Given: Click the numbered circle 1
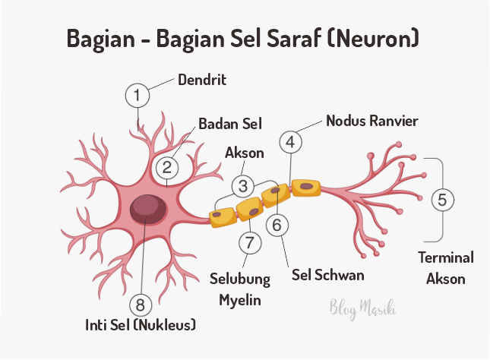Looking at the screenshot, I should pos(137,96).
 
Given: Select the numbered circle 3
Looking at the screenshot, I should pos(242,185).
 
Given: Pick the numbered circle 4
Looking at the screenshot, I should pos(290,141).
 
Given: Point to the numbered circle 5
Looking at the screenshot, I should pos(444,200).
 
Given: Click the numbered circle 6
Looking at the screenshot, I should pos(277,225).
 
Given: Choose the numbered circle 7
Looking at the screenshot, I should pos(248,242).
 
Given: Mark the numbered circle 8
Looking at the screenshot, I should pos(140,305).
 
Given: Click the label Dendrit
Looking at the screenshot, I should pos(203,79).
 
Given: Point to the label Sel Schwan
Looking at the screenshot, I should pos(328,274).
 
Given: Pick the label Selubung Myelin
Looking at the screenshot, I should pos(240,289).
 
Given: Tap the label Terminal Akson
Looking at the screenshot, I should pos(447,268).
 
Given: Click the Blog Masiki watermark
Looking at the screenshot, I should pos(364,308).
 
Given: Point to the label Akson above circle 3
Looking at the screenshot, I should pos(245,153).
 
